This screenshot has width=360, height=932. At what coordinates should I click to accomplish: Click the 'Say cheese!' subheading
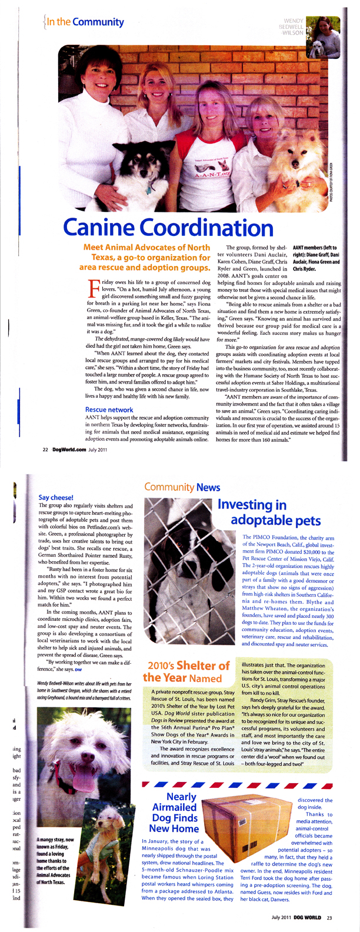(55, 497)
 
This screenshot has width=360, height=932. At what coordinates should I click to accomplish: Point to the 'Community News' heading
(182, 487)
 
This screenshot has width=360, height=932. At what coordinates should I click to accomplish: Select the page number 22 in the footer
(45, 450)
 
